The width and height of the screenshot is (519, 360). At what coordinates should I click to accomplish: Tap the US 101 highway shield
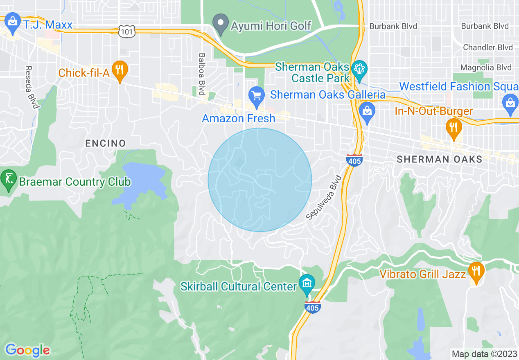pyautogui.click(x=125, y=31)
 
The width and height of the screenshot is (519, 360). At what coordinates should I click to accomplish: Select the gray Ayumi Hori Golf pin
pyautogui.click(x=221, y=25)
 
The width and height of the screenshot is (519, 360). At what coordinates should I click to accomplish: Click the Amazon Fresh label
pyautogui.click(x=239, y=119)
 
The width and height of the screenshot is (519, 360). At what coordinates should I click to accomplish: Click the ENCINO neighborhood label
pyautogui.click(x=105, y=143)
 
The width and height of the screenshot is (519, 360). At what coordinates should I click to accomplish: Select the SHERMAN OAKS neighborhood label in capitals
pyautogui.click(x=440, y=159)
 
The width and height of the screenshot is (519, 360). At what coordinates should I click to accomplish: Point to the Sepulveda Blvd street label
pyautogui.click(x=323, y=198)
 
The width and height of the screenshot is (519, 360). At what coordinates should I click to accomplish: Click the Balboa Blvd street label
pyautogui.click(x=201, y=74)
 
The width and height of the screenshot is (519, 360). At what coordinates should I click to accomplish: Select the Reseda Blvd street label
pyautogui.click(x=32, y=88)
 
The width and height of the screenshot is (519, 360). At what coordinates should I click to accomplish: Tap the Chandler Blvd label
pyautogui.click(x=487, y=47)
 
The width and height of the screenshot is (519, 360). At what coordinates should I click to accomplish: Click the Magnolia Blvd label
pyautogui.click(x=486, y=67)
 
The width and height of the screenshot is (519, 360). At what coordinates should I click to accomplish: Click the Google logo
pyautogui.click(x=27, y=350)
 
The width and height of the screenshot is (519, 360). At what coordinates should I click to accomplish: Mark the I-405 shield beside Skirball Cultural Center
pyautogui.click(x=312, y=306)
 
